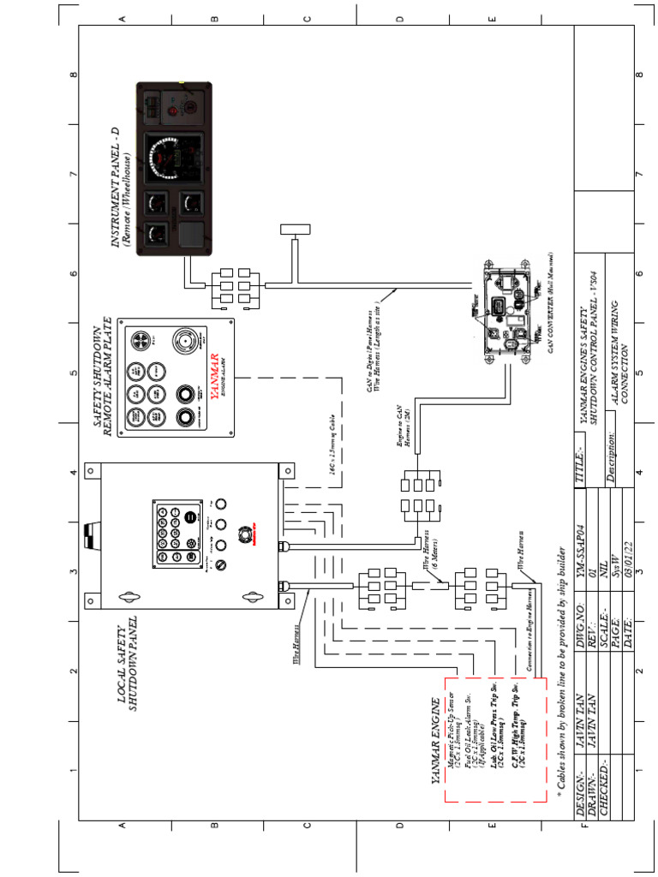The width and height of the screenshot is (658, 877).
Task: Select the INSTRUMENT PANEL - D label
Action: coord(120,188)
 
